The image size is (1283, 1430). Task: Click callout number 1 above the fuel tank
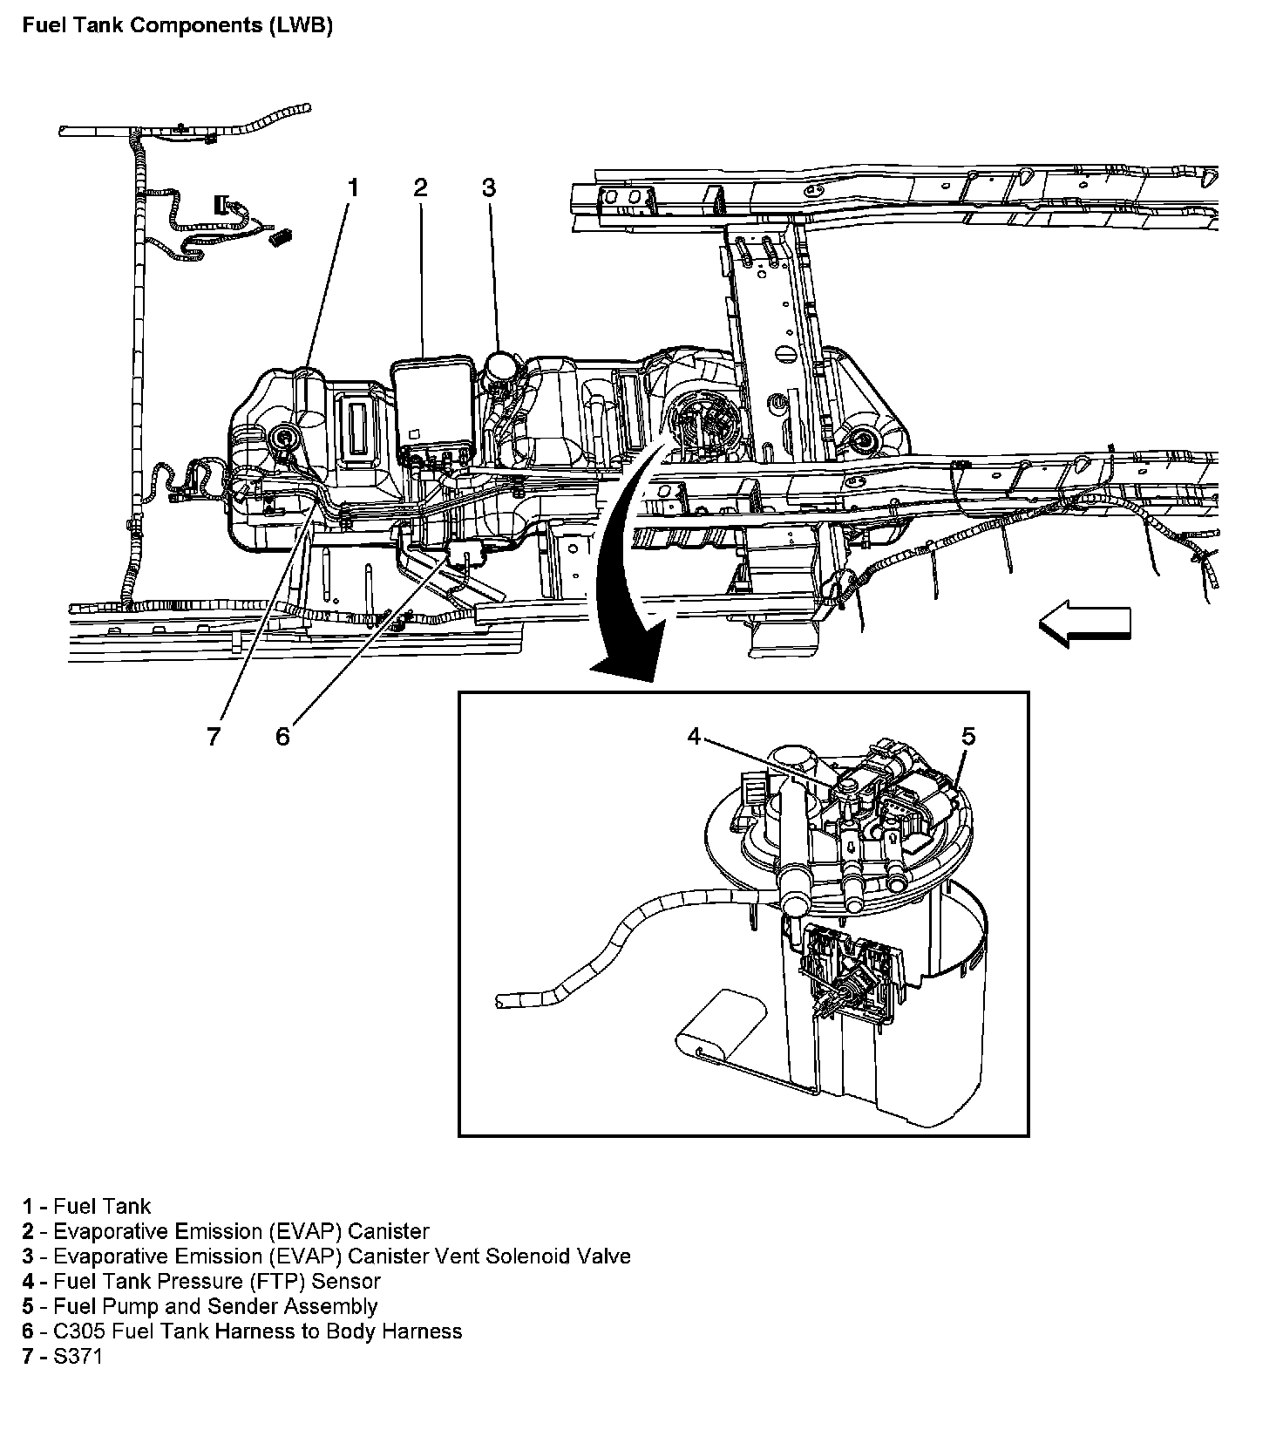pos(353,187)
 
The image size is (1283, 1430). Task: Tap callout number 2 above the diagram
pos(421,187)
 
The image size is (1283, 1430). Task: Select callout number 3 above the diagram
pos(489,187)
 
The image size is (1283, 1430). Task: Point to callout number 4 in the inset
pos(694,737)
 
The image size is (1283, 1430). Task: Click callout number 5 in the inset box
pos(968,737)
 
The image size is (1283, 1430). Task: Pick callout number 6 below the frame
pos(282,737)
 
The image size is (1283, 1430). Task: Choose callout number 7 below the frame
pos(214,737)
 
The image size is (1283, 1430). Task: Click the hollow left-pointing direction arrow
pos(1084,626)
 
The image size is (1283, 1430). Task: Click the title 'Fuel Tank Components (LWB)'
pos(178,25)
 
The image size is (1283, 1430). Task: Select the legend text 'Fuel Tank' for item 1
pos(102,1207)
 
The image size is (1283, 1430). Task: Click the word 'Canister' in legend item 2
pos(388,1231)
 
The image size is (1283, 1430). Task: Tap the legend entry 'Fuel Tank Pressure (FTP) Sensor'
pos(217,1281)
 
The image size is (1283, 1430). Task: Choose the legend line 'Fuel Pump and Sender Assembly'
pos(215,1306)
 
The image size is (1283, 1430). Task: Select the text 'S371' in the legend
pos(78,1356)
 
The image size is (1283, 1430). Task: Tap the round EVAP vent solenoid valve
pos(501,366)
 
